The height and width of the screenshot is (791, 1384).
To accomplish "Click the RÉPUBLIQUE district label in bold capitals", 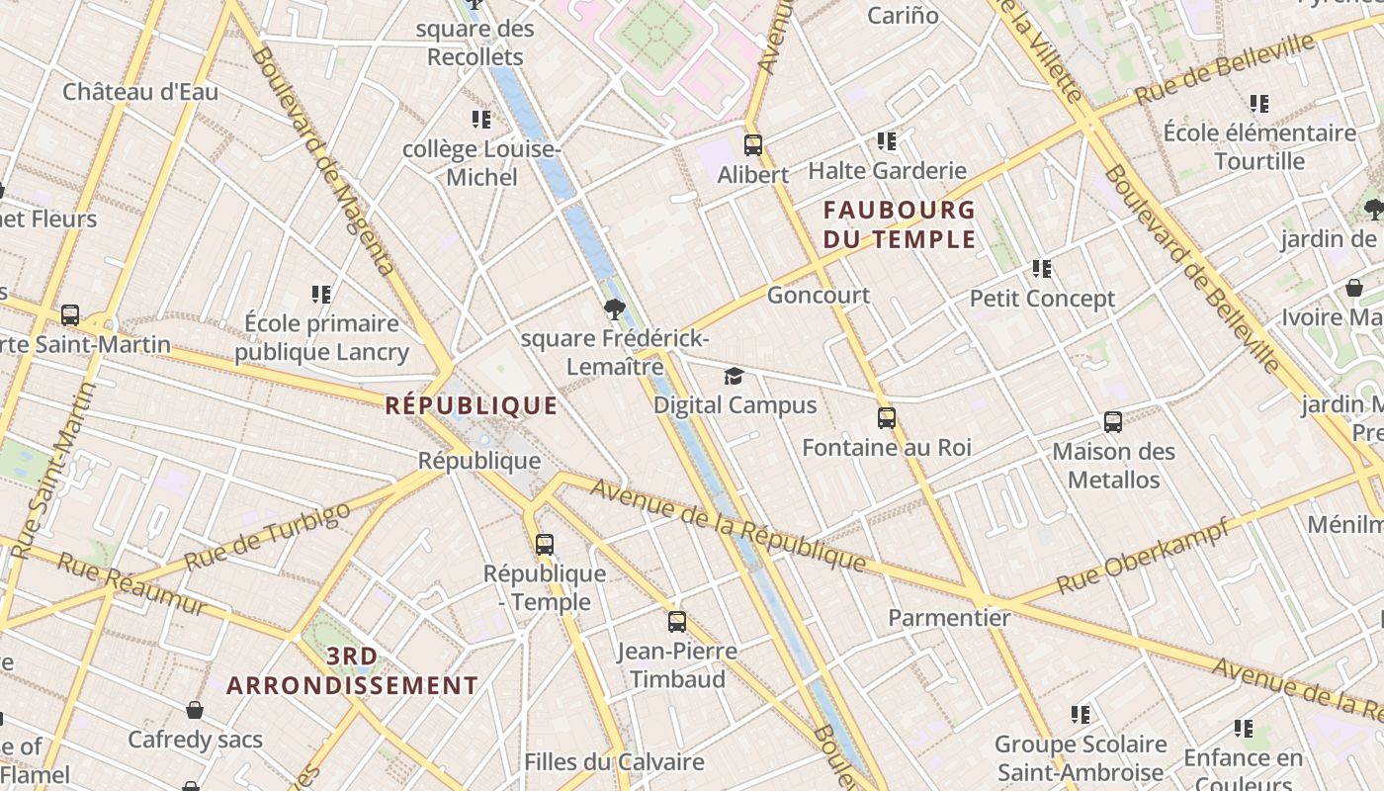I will (x=472, y=405).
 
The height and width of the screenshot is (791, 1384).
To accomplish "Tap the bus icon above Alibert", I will (x=753, y=145).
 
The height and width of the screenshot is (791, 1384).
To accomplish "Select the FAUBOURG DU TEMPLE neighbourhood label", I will (x=899, y=224).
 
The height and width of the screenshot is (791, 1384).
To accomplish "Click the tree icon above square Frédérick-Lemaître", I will (x=614, y=309).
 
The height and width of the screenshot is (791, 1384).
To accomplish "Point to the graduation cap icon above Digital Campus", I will (x=734, y=376).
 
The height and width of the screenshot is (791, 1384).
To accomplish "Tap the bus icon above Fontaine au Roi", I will (x=887, y=418).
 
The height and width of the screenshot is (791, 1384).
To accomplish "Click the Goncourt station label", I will (x=819, y=295).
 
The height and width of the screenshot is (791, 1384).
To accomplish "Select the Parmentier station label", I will (x=949, y=618).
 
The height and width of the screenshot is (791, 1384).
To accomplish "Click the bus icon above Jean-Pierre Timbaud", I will (x=677, y=622).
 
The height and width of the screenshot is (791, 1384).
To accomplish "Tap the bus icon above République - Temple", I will (x=545, y=544).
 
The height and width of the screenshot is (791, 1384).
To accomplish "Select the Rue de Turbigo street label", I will (x=267, y=536).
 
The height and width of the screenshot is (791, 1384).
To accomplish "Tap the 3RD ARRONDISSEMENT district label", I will (x=352, y=670).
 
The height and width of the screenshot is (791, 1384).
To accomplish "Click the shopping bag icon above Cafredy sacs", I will (x=195, y=710).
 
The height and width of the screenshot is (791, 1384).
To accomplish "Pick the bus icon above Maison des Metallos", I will (x=1113, y=422).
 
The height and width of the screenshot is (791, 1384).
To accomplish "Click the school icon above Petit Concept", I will (x=1041, y=268).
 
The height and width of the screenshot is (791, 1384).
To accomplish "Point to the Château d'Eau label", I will (x=140, y=92).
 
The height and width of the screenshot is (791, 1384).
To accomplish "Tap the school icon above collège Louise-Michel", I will (x=481, y=120).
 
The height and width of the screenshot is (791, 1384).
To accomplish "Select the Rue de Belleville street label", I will (x=1226, y=67).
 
